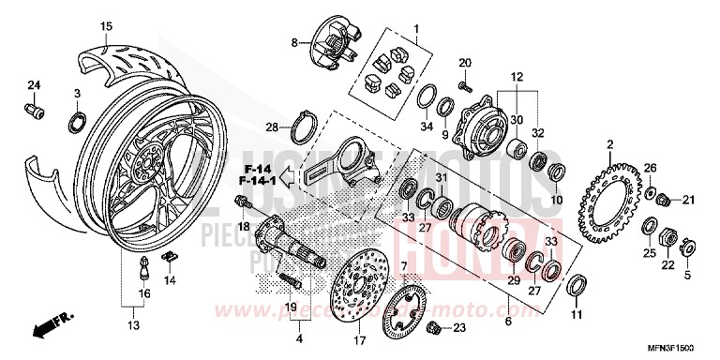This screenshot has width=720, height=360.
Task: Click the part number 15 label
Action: point(105,25)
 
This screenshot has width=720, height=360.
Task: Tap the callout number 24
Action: point(34,86)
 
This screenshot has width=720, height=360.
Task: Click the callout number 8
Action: point(293,43)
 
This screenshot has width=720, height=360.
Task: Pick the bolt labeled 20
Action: point(464,86)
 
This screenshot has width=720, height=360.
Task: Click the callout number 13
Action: point(133,325)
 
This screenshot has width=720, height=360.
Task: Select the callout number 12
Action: point(516,76)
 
